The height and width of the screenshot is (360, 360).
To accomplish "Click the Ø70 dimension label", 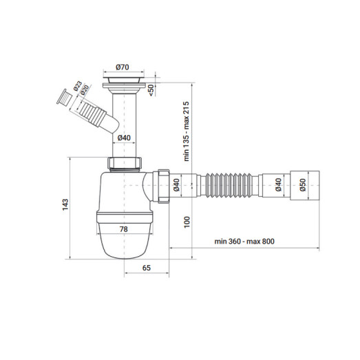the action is pos(123,67).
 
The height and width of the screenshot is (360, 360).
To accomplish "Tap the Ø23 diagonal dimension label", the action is pos(78,86).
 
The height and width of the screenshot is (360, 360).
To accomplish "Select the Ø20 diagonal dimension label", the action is pos(85,90).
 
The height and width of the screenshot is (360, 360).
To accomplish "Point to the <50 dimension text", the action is pos(151,90).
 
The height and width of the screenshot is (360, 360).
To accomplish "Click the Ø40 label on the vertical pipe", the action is pos(124,138).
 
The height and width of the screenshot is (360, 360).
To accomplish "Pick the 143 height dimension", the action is pos(65,204).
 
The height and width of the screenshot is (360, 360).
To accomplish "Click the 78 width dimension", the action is pos(123,229).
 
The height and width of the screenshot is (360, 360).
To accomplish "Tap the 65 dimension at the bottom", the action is pos(147,268).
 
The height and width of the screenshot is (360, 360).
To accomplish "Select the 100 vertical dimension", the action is pos(187,222).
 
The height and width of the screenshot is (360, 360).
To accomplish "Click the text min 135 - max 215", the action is pos(187,131).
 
